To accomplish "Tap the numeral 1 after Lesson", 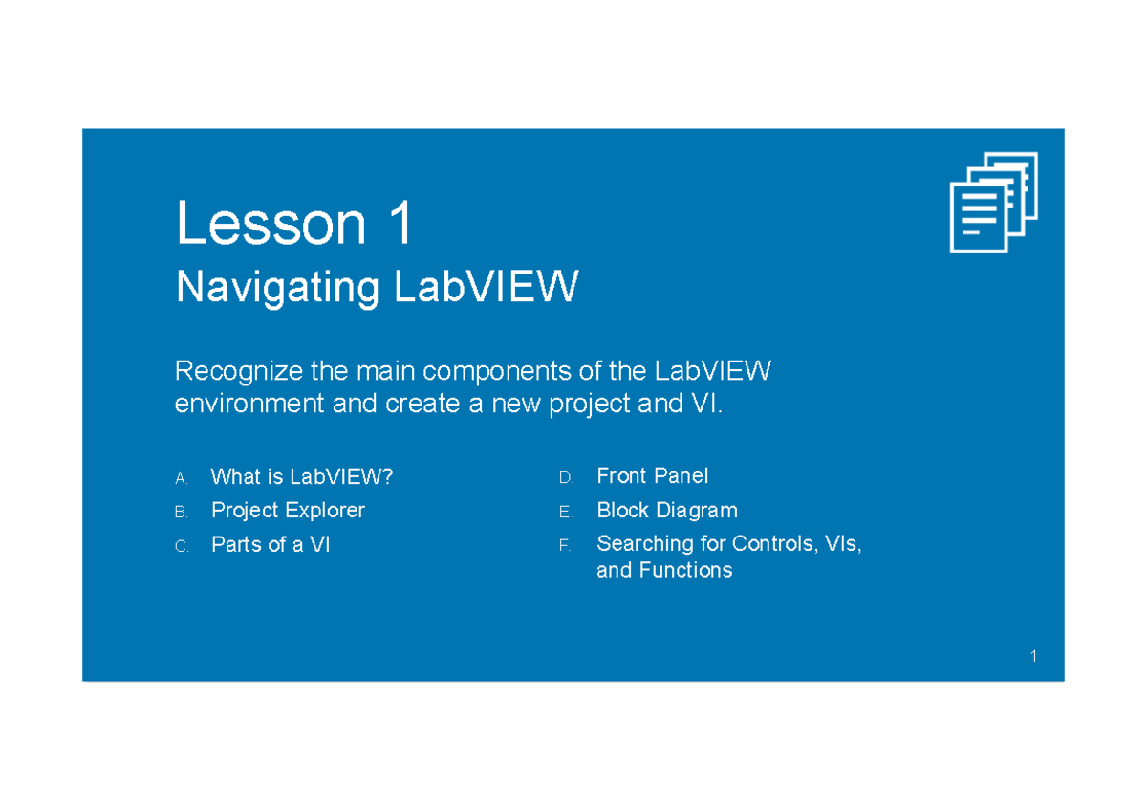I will pyautogui.click(x=400, y=225).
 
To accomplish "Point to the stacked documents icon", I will pyautogui.click(x=993, y=202).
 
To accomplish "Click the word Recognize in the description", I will pyautogui.click(x=242, y=371).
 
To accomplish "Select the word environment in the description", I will pyautogui.click(x=249, y=404).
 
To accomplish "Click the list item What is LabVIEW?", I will pyautogui.click(x=301, y=476).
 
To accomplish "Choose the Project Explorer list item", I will pyautogui.click(x=288, y=511).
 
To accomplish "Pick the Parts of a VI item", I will pyautogui.click(x=271, y=545).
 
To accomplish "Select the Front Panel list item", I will pyautogui.click(x=652, y=476).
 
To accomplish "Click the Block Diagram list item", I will pyautogui.click(x=666, y=511).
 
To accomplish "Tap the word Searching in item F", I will pyautogui.click(x=645, y=544).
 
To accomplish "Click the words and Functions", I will pyautogui.click(x=664, y=571).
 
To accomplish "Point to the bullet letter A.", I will pyautogui.click(x=182, y=478).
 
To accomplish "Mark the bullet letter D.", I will pyautogui.click(x=566, y=478).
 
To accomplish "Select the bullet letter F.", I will pyautogui.click(x=565, y=546).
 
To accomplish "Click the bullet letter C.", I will pyautogui.click(x=182, y=547).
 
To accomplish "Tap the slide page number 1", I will pyautogui.click(x=1034, y=656).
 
